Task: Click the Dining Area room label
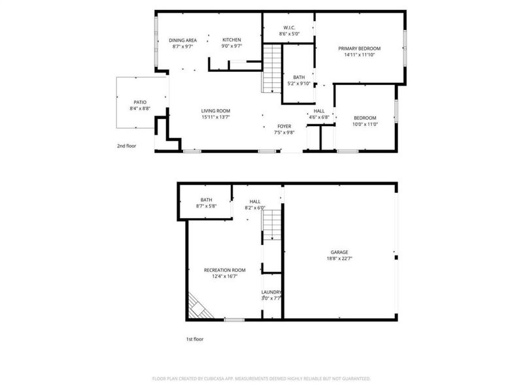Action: [183, 41]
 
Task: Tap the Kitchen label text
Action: [231, 41]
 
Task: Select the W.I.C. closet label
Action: [288, 27]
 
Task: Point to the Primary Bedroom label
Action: [359, 48]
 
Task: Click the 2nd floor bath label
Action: [298, 77]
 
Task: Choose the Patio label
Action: [140, 102]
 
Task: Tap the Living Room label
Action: [215, 111]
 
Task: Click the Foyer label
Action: [284, 126]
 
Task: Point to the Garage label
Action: [339, 252]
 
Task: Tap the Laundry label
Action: [271, 292]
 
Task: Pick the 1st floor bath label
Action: [206, 200]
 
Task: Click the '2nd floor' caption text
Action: [126, 146]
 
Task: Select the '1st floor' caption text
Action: [195, 339]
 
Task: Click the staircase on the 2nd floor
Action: [271, 69]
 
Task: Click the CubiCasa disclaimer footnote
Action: [261, 378]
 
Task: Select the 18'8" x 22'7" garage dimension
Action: [339, 258]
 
